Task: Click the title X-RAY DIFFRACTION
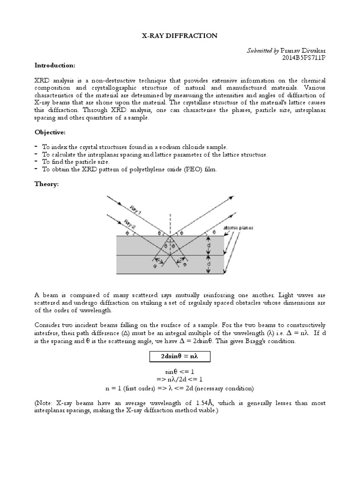180,35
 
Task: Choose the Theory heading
47,184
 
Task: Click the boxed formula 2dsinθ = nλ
180,357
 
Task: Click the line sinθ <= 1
180,372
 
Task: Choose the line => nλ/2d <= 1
180,380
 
